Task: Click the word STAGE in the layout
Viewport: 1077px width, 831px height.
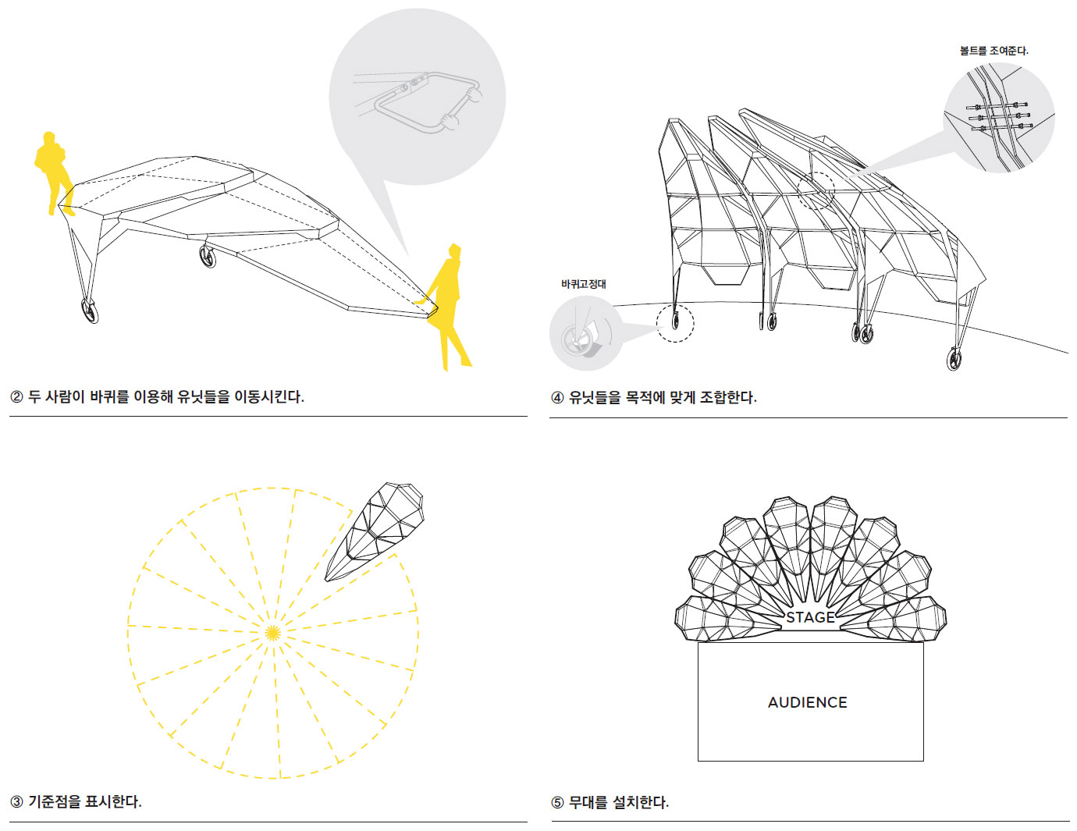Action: pos(810,617)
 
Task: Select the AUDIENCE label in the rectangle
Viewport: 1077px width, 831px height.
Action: pos(808,702)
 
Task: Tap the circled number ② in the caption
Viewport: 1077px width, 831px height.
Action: pos(16,397)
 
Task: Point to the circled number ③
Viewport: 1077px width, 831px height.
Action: pos(16,802)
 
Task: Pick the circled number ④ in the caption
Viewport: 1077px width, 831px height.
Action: pos(557,397)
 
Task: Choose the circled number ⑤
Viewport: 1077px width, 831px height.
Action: pos(557,802)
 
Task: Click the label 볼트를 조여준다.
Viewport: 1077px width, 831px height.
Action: pos(993,51)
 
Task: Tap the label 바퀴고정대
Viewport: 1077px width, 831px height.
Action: pos(583,284)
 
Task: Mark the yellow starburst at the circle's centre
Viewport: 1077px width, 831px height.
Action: pos(272,633)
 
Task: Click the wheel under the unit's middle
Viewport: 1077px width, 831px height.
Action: pos(207,257)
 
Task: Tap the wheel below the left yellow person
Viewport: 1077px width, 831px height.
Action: pos(90,311)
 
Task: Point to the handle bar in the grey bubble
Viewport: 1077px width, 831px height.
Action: pos(427,101)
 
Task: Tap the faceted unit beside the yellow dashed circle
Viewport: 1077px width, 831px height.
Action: pos(375,531)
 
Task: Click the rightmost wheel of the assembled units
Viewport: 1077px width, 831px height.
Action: pos(954,358)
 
